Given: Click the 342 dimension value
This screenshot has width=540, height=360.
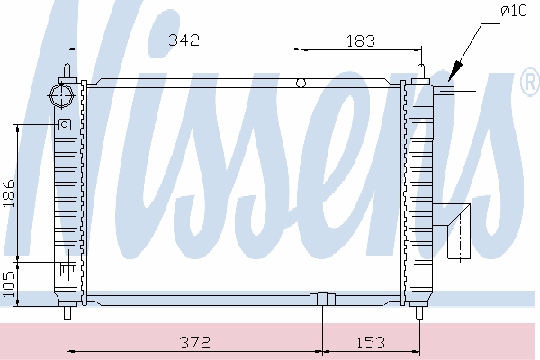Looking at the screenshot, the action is tap(184, 40).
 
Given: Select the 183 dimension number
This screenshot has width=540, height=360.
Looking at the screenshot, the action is tap(360, 41).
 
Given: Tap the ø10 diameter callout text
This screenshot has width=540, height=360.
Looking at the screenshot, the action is tap(514, 10).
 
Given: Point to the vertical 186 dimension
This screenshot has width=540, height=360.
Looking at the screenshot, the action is tap(9, 193).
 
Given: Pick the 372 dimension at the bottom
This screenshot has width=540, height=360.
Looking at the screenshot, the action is tap(195, 342).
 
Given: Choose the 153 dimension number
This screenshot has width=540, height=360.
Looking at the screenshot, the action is tap(370, 343).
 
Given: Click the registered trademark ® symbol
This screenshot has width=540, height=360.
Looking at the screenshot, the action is tap(531, 81).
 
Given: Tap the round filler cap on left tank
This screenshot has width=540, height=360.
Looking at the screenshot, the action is tap(61, 94).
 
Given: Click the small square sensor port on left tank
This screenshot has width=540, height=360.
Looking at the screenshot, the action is tap(65, 124).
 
